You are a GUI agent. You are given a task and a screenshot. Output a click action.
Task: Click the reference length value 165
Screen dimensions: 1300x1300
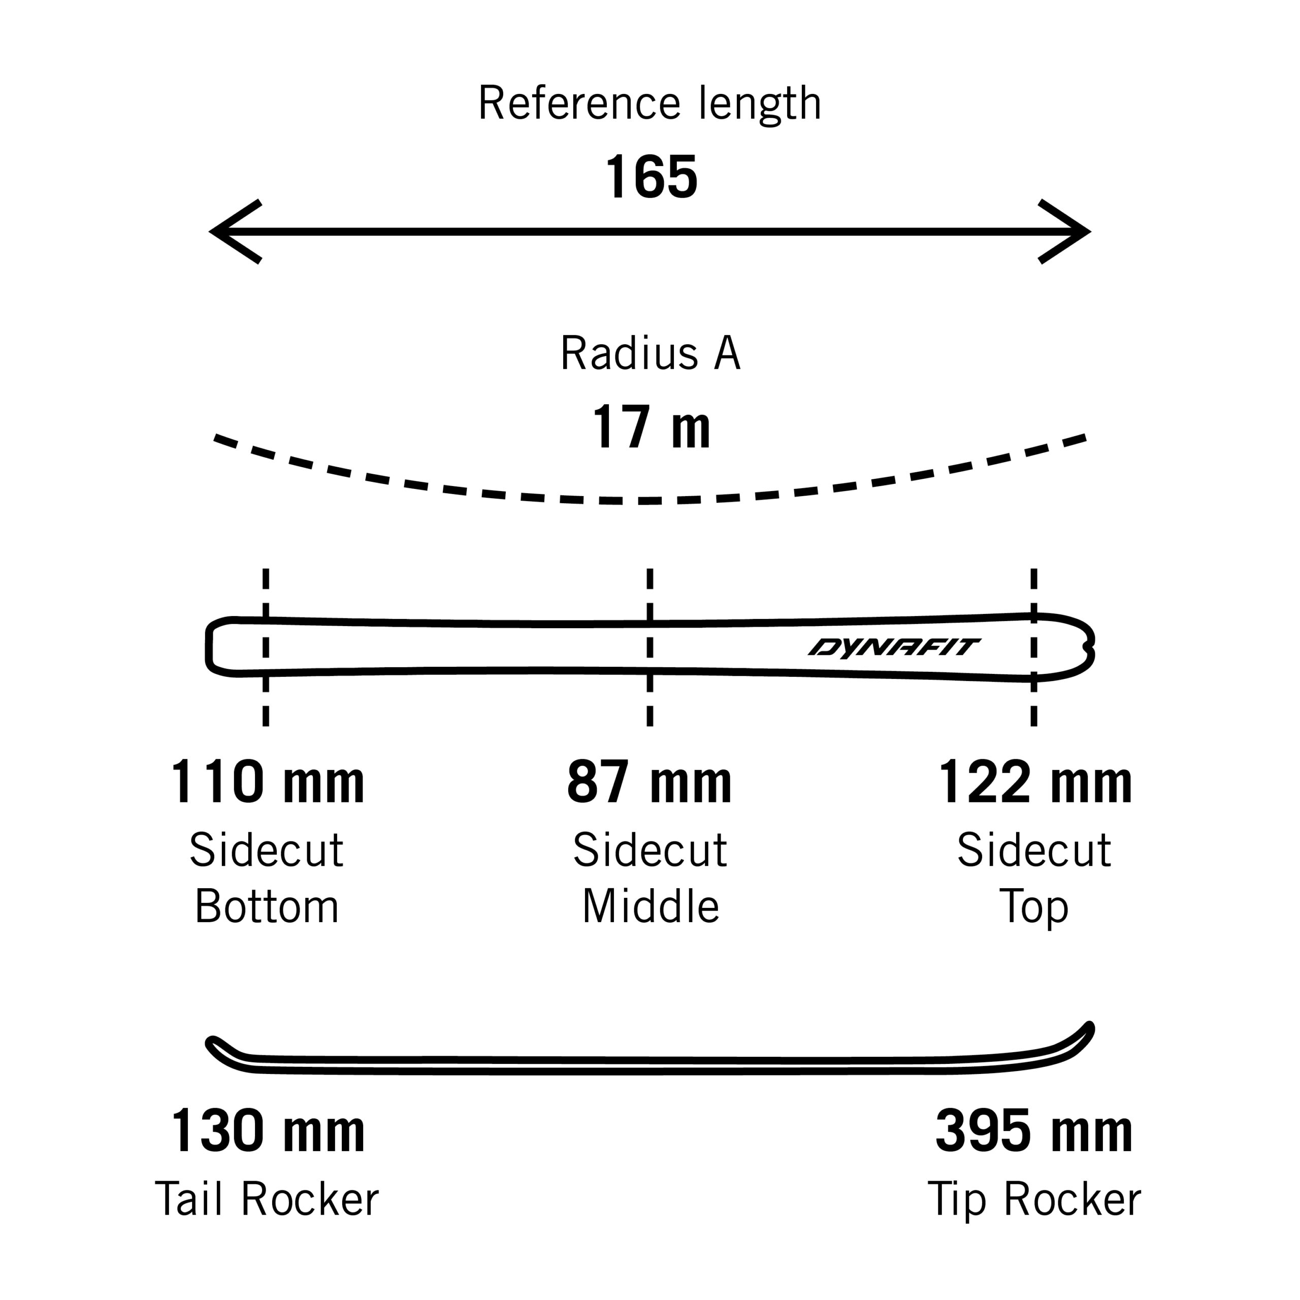[652, 177]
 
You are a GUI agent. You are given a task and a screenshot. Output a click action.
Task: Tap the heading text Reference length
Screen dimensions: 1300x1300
[649, 104]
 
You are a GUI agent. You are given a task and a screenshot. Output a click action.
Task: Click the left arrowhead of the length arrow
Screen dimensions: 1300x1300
[236, 232]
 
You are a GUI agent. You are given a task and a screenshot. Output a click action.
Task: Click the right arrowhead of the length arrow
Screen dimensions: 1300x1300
[1064, 232]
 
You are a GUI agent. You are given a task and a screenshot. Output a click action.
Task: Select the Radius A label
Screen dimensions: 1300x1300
[650, 353]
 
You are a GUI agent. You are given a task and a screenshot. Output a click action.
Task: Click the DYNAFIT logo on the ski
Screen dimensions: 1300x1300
[894, 647]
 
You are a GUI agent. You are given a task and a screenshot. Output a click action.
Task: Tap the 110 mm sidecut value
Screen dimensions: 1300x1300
[267, 782]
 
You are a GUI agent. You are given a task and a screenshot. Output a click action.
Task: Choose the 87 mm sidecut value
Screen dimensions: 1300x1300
[649, 782]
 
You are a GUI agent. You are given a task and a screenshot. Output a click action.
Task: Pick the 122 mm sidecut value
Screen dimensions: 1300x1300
[1035, 782]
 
